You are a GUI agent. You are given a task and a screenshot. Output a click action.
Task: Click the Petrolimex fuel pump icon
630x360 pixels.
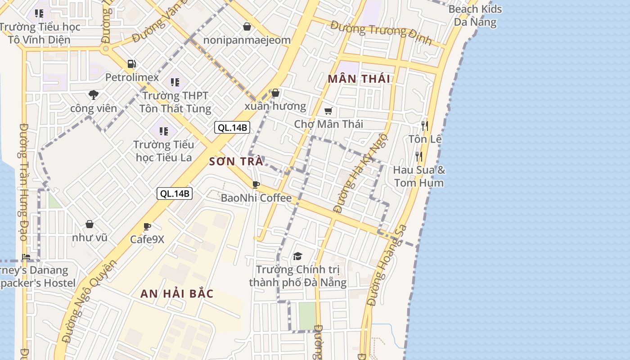point(131,64)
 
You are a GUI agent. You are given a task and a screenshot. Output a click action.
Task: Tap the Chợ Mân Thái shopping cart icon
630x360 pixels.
point(328,111)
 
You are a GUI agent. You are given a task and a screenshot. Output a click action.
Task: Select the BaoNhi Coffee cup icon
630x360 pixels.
point(256,184)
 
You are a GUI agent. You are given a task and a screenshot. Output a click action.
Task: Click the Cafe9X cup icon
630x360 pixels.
point(147,226)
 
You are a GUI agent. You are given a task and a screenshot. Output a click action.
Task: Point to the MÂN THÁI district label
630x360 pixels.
point(359,79)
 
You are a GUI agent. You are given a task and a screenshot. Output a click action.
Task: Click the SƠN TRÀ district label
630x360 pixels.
point(236,161)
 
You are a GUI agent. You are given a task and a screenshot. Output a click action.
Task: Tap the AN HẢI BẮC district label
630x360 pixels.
point(177,294)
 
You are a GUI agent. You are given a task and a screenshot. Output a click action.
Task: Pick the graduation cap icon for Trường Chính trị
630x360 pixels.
point(297,256)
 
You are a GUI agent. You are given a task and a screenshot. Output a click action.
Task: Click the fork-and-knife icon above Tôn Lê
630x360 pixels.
point(424,126)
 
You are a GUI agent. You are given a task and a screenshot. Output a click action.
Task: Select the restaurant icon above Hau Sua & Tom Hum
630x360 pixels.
point(419,156)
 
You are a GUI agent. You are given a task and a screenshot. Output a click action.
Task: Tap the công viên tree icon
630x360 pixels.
point(94,94)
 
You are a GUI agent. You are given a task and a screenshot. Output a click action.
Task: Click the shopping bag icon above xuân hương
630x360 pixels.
point(275,93)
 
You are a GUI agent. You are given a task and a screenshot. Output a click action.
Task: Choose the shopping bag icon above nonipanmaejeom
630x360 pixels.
point(247,27)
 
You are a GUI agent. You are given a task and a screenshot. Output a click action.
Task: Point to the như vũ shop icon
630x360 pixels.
point(90,224)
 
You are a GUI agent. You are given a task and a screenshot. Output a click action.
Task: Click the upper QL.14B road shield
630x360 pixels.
point(232,127)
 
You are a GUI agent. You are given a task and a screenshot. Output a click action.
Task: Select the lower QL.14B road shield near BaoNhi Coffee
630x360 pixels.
point(175,193)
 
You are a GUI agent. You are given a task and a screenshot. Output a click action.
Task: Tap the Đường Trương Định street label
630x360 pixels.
point(381,32)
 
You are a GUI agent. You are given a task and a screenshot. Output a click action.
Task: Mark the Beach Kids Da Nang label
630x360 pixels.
point(475,15)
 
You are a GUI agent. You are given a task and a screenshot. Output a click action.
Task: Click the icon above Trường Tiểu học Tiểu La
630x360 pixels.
point(164,131)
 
